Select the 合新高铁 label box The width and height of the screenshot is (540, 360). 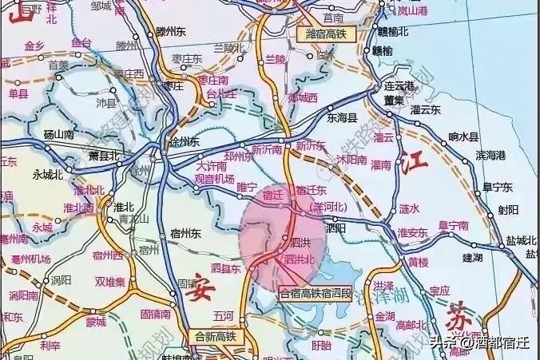[216, 336]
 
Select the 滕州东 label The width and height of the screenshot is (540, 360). [171, 33]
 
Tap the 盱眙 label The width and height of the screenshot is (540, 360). [321, 345]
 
